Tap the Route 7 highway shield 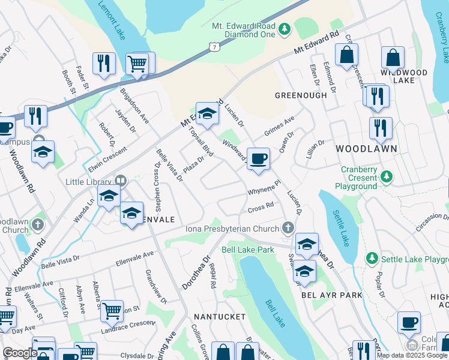tap(214, 46)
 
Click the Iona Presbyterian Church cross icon tap(288, 228)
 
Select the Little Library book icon tap(120, 181)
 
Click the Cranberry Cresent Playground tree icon tap(387, 177)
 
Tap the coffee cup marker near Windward tap(258, 159)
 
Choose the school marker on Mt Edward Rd tap(207, 113)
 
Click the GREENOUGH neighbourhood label tap(301, 95)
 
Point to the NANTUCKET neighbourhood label tap(219, 316)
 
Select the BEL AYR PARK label tap(331, 295)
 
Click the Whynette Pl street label tap(264, 188)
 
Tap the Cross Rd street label tap(261, 208)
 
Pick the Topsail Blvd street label tap(201, 142)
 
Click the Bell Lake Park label tap(247, 249)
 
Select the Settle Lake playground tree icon tap(372, 259)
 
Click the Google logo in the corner tap(19, 353)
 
